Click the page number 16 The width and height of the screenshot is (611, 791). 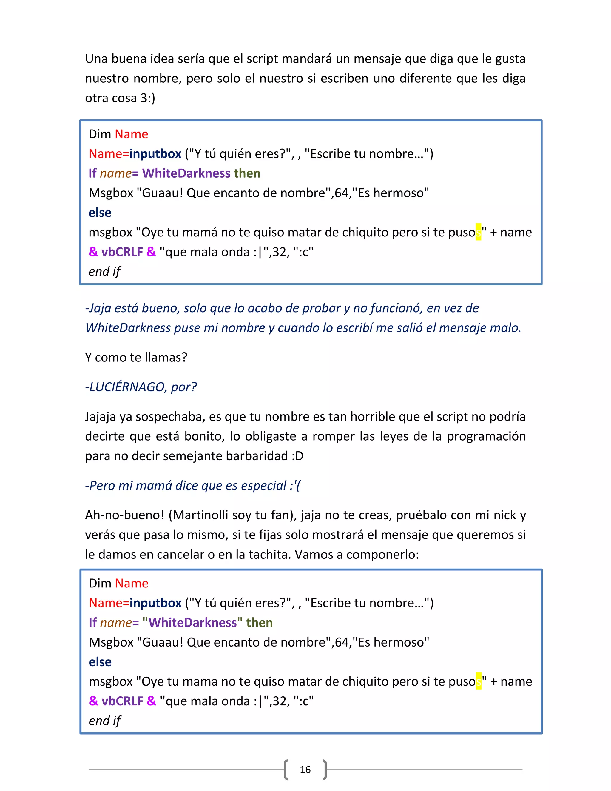tap(305, 769)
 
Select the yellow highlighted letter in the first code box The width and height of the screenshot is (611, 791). tap(479, 232)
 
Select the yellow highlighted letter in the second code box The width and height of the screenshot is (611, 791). tap(479, 681)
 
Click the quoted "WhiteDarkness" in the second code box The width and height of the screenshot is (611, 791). tap(192, 622)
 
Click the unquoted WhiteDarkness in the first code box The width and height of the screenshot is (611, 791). tap(186, 173)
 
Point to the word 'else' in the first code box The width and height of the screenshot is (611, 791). tap(100, 213)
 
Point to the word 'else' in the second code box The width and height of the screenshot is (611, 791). tap(100, 662)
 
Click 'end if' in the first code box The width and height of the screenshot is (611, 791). tap(104, 271)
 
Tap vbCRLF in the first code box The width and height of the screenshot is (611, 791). tap(122, 252)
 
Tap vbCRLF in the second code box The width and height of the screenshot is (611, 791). tap(122, 701)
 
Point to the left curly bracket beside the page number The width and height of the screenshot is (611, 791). tap(286, 769)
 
